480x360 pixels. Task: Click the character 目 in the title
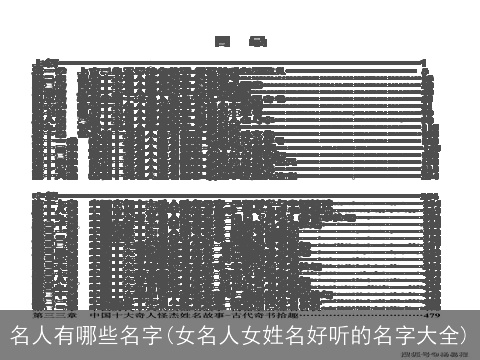[x=221, y=41]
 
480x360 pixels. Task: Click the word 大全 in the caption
[x=429, y=334]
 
